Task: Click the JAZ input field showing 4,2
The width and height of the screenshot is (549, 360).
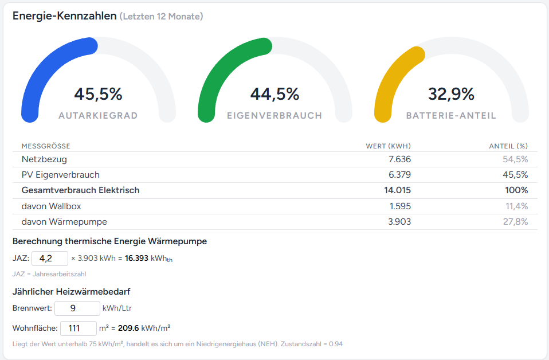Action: (x=49, y=258)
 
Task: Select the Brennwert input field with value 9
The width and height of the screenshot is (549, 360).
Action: (x=77, y=308)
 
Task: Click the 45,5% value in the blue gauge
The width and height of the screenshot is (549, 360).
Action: (x=98, y=94)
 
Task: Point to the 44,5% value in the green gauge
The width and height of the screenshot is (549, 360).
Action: (x=274, y=94)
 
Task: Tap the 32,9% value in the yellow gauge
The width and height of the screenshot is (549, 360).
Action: (x=451, y=94)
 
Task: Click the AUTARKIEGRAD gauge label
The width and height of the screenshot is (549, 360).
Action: (x=98, y=116)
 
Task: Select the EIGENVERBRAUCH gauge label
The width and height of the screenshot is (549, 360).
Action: (x=274, y=116)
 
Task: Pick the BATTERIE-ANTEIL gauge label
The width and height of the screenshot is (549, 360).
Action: (x=451, y=116)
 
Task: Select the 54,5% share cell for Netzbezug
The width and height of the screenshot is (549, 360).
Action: (x=516, y=159)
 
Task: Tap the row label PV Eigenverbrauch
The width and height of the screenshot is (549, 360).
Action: (x=60, y=175)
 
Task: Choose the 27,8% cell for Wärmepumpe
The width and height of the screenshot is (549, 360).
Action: (x=516, y=221)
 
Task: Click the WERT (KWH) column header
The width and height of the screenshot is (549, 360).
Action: (x=388, y=146)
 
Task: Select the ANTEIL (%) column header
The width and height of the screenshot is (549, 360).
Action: (x=508, y=146)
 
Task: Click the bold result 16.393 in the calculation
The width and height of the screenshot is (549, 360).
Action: (x=136, y=259)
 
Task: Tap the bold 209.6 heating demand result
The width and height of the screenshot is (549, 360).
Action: (x=129, y=328)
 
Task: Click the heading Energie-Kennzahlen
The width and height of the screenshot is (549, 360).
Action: (x=64, y=16)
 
